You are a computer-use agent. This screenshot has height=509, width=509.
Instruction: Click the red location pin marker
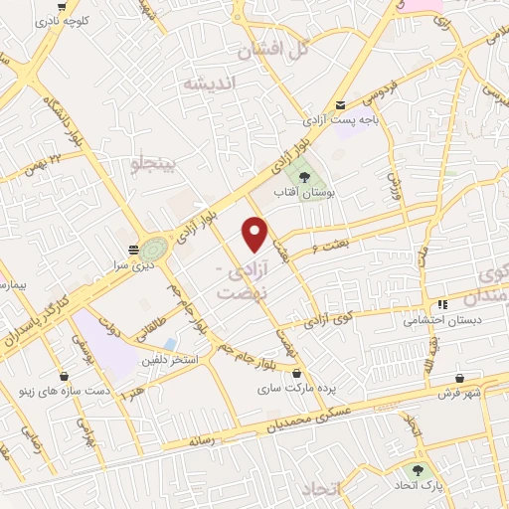[255, 233]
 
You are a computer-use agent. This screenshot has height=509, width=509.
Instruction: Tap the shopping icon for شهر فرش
[460, 379]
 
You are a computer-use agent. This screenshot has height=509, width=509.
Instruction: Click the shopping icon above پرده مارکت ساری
[297, 373]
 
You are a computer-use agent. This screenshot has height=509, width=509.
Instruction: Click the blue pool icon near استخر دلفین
[170, 344]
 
